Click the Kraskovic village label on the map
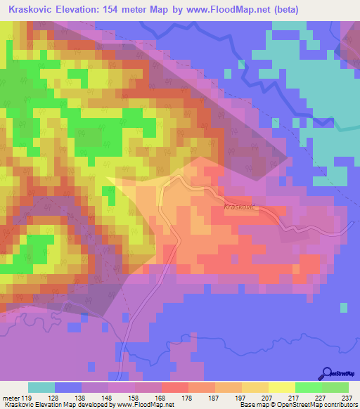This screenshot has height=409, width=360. click(241, 207)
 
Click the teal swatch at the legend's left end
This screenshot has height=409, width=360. click(41, 387)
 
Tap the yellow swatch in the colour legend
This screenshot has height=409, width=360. click(282, 387)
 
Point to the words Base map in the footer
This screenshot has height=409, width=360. click(252, 405)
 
